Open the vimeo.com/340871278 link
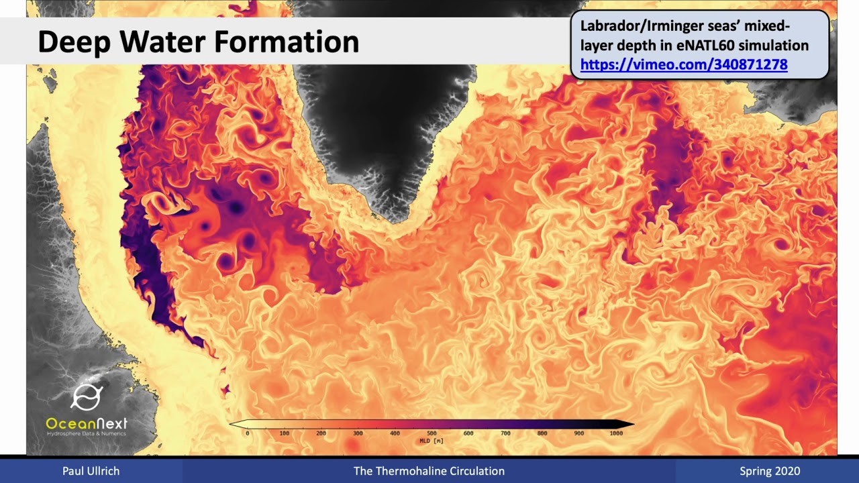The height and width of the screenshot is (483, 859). pyautogui.click(x=683, y=65)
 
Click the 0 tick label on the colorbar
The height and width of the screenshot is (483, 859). pyautogui.click(x=248, y=433)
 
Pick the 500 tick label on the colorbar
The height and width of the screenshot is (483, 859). pyautogui.click(x=432, y=433)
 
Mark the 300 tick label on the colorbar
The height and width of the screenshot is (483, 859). pyautogui.click(x=358, y=433)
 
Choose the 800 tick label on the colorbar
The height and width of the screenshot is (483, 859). pyautogui.click(x=542, y=433)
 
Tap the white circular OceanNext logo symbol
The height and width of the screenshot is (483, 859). pyautogui.click(x=86, y=397)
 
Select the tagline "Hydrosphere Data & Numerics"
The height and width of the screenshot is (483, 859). pyautogui.click(x=86, y=434)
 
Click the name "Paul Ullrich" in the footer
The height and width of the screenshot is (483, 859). pyautogui.click(x=91, y=471)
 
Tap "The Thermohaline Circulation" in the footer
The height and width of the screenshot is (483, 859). pyautogui.click(x=429, y=471)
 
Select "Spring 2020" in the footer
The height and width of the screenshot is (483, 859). pyautogui.click(x=770, y=471)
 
